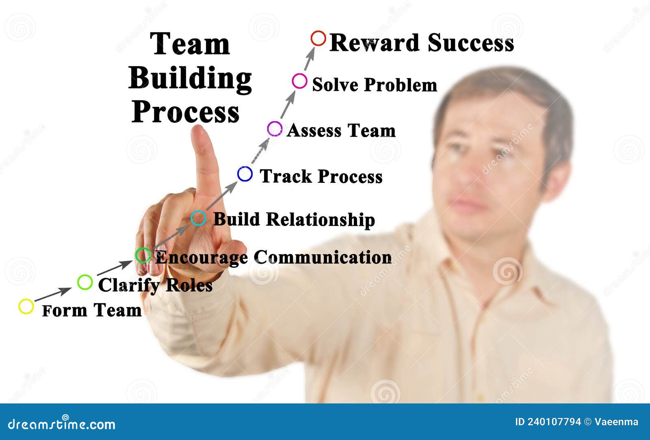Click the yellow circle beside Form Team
(x=26, y=306)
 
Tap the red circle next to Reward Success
(x=318, y=38)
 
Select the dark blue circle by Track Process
(x=245, y=174)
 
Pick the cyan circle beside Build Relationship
(x=198, y=218)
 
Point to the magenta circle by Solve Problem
(x=299, y=81)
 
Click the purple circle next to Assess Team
(x=275, y=129)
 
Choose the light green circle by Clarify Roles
(x=85, y=282)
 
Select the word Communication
(x=323, y=258)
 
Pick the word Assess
(x=314, y=131)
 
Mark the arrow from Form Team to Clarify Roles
(x=53, y=294)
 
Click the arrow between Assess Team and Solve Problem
(x=288, y=104)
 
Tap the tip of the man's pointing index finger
(x=199, y=131)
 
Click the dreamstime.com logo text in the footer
(x=61, y=424)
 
